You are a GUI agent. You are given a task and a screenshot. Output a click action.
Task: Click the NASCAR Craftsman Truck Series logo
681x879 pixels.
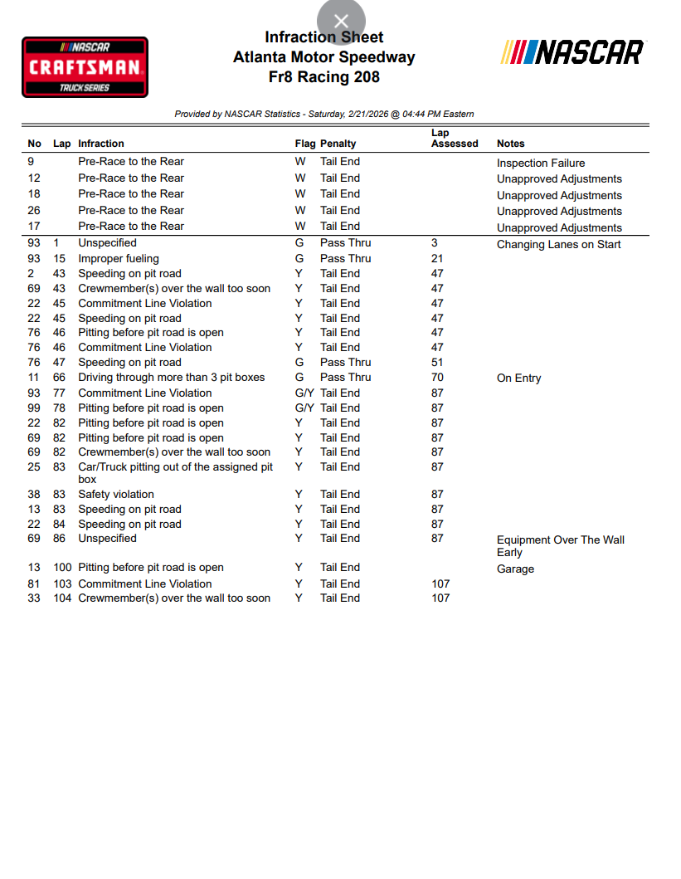(85, 67)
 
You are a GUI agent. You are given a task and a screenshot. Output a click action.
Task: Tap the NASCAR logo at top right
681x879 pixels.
(572, 52)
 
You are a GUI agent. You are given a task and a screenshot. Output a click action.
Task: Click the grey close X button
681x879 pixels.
(341, 22)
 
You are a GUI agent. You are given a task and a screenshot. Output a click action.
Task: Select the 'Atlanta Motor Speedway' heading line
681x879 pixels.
(324, 57)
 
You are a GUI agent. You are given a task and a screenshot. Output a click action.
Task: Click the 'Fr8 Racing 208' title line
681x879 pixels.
(324, 77)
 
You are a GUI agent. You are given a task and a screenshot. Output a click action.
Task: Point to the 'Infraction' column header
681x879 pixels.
(101, 144)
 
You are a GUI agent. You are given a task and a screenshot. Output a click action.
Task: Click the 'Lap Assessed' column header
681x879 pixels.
(455, 138)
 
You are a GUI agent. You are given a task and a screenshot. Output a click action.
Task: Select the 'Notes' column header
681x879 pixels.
(511, 144)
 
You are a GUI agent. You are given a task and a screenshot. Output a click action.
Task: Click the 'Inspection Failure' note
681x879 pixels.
(541, 164)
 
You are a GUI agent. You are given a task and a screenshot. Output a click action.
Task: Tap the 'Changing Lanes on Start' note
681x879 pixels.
(558, 244)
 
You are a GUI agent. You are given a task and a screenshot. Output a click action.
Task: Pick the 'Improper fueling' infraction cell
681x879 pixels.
(119, 258)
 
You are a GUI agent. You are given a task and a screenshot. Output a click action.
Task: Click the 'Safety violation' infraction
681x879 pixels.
(116, 494)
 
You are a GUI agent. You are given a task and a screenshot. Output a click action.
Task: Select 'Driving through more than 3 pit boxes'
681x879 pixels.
(172, 377)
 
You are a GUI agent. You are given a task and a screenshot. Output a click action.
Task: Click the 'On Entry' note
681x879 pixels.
(518, 378)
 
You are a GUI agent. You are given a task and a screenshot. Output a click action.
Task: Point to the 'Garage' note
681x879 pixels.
(515, 569)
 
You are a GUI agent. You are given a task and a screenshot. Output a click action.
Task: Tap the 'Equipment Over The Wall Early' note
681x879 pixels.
(560, 545)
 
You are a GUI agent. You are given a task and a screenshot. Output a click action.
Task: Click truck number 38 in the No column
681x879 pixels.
(34, 494)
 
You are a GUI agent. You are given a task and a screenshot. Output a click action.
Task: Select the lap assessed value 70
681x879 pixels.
(437, 377)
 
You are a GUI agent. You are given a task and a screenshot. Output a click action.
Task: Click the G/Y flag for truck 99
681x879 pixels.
(304, 408)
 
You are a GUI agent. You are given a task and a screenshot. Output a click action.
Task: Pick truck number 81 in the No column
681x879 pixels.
(34, 584)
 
